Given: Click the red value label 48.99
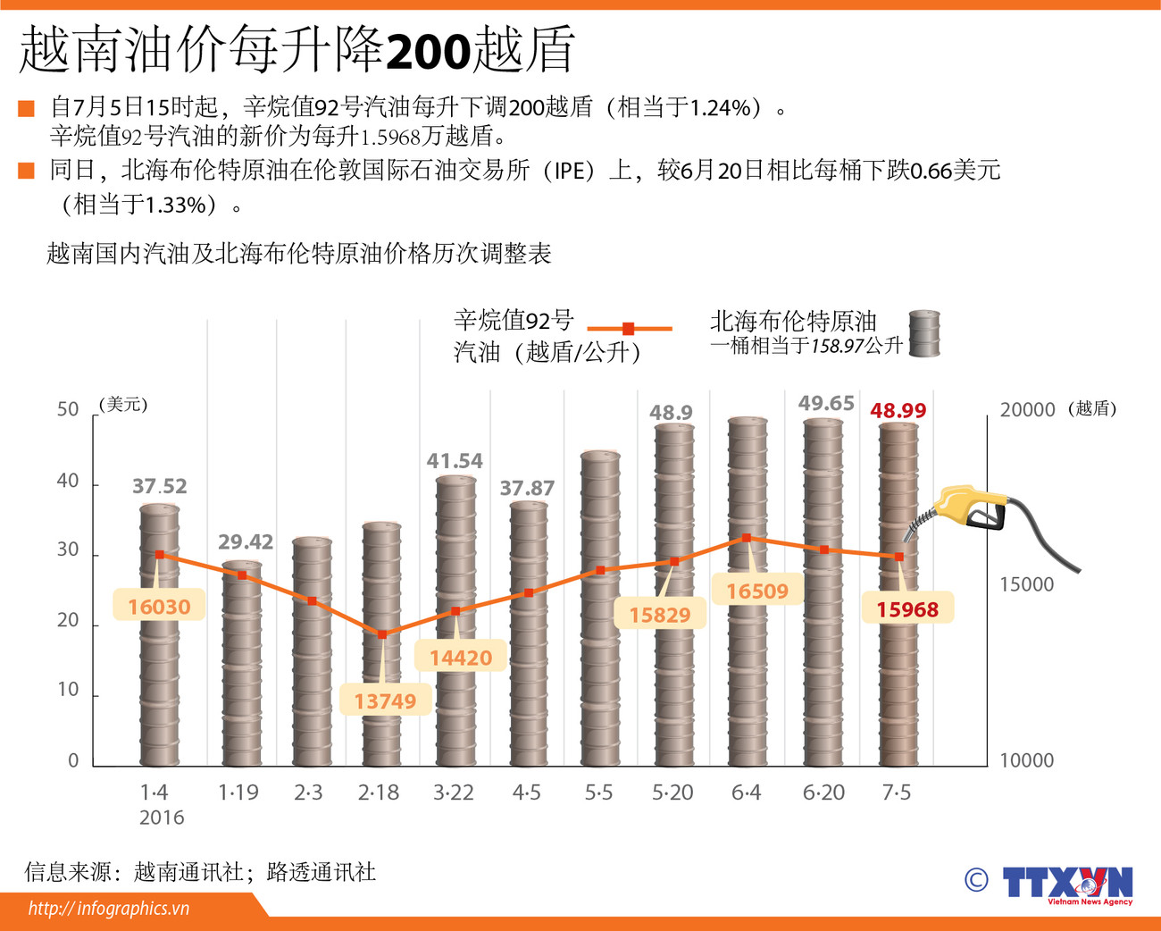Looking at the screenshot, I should click(898, 410).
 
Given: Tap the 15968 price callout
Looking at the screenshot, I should click(907, 609).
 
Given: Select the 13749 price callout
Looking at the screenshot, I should click(385, 701).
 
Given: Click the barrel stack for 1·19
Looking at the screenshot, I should click(241, 663).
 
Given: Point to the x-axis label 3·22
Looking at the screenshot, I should click(453, 793).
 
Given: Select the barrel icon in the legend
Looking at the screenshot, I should click(924, 334).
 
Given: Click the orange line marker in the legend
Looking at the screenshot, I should click(629, 329).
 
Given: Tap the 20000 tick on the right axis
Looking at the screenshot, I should click(1026, 409).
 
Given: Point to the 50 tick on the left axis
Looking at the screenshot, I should click(68, 409).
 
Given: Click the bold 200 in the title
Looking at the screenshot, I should click(428, 52).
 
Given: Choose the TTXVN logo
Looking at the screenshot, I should click(1067, 884).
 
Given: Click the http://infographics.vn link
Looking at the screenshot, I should click(109, 909).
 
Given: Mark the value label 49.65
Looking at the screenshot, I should click(826, 403).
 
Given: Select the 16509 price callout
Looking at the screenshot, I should click(757, 591).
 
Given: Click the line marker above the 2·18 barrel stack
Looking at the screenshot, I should click(383, 634).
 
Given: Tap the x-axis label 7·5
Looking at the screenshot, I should click(896, 793).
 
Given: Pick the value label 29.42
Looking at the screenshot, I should click(246, 541).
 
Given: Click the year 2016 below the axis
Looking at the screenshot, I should click(162, 818).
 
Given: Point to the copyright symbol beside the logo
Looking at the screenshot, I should click(976, 880).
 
